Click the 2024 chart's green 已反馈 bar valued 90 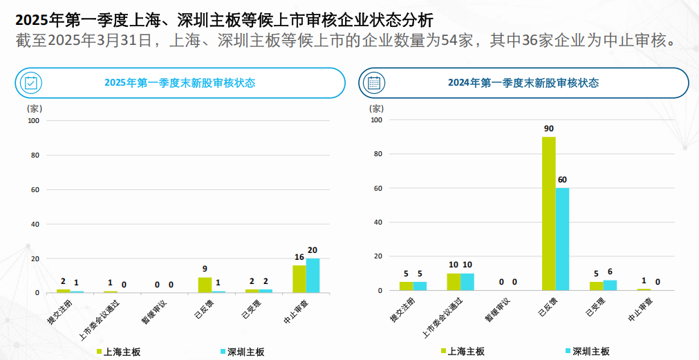point(548,214)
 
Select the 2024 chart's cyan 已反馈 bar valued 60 point(562,239)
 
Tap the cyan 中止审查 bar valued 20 point(313,276)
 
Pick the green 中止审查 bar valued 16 point(299,279)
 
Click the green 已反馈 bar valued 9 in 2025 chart point(205,285)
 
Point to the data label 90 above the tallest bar point(549,129)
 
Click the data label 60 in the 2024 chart point(562,180)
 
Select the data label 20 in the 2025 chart point(313,250)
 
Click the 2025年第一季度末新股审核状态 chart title point(180,83)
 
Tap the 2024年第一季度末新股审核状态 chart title point(523,83)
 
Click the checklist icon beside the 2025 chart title point(31,83)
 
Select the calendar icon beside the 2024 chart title point(374,83)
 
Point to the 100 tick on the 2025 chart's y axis point(33,121)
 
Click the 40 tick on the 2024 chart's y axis point(377,222)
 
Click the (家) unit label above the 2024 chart point(377,108)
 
